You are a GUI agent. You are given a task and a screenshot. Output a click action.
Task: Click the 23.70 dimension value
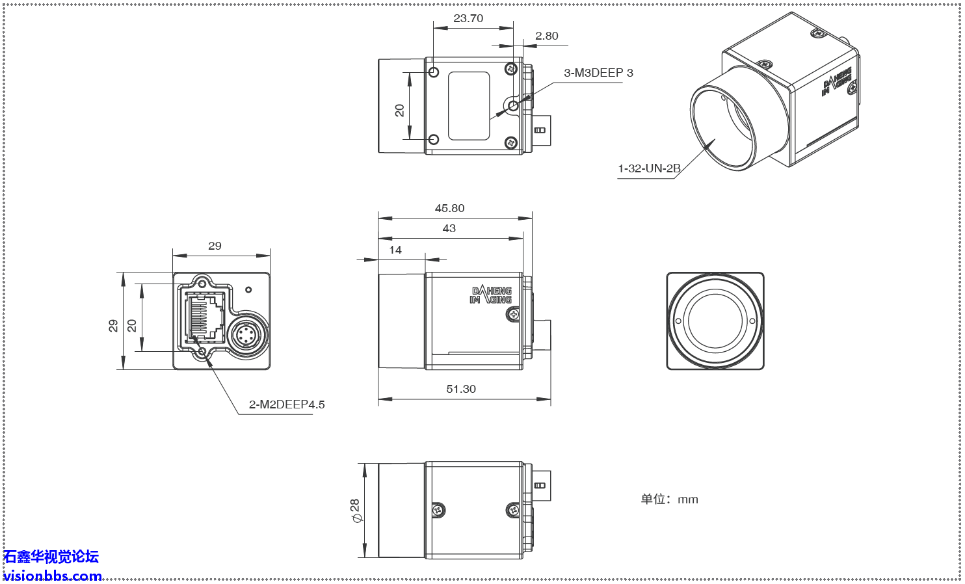[468, 18]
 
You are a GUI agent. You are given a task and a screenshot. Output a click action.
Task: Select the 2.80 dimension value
[546, 36]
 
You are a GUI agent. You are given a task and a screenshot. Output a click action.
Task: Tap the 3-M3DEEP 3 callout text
[598, 73]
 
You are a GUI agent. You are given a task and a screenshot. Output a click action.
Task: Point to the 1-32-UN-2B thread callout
[649, 168]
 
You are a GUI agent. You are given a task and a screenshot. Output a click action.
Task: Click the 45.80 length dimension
[449, 208]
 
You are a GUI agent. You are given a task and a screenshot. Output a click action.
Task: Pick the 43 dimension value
[449, 228]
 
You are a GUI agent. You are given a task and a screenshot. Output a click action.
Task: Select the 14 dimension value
[395, 250]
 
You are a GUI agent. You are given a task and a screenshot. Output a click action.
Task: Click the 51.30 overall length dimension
[461, 389]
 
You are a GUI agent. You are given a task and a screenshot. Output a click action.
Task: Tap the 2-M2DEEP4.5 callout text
[287, 405]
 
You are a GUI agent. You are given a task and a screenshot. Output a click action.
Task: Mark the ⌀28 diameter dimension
[354, 511]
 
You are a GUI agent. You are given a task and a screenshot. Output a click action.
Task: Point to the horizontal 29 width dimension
[215, 246]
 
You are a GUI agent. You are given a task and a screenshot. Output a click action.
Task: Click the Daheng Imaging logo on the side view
[491, 295]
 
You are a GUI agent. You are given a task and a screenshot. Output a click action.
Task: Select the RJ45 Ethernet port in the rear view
[205, 317]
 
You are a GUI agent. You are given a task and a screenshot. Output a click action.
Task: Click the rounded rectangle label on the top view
[469, 105]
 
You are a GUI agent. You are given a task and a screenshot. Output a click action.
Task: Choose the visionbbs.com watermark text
[52, 576]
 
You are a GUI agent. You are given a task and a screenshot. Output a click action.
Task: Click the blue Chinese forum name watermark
[51, 557]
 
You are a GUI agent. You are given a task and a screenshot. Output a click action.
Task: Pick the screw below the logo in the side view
[513, 315]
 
